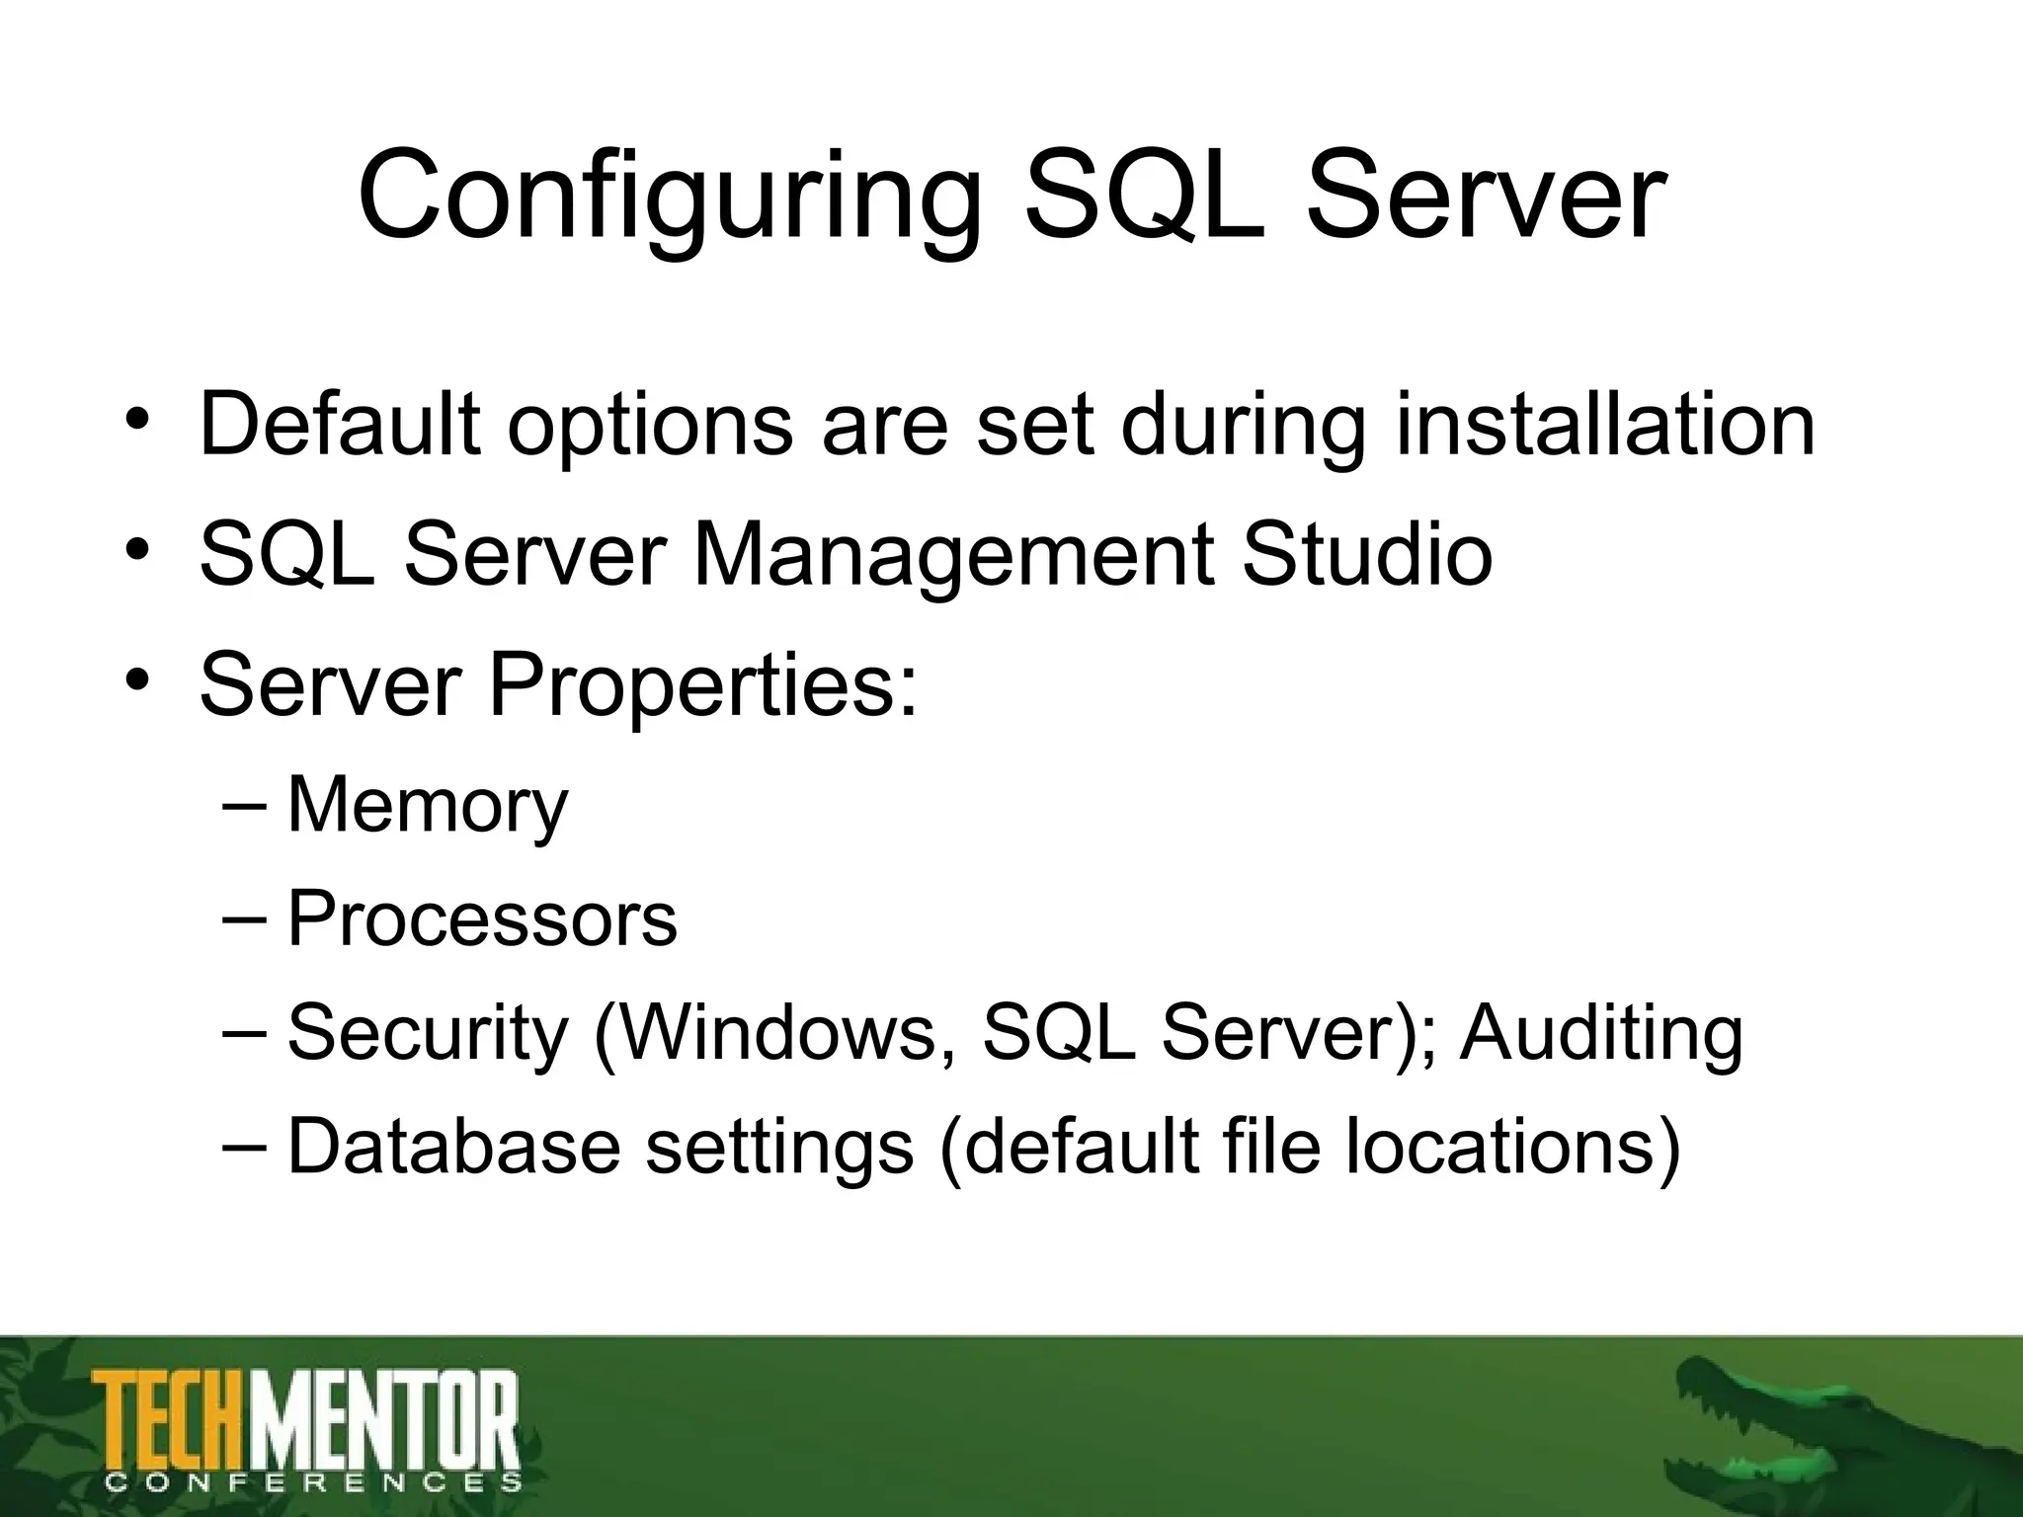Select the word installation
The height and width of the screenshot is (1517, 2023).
point(1605,425)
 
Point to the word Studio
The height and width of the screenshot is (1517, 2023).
point(1366,555)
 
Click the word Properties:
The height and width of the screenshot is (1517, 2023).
point(702,685)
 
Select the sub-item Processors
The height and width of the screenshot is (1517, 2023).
point(482,919)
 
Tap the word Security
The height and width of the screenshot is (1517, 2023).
point(427,1033)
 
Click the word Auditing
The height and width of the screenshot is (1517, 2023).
point(1601,1033)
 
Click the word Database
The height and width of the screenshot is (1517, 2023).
point(453,1147)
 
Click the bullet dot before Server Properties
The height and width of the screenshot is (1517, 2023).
point(138,681)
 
